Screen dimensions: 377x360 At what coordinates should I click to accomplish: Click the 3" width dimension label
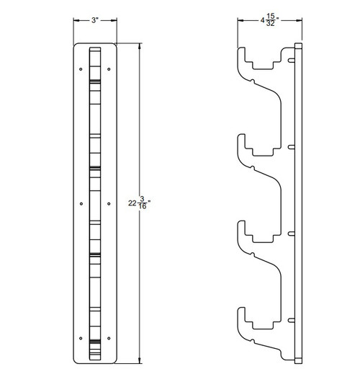click(94, 22)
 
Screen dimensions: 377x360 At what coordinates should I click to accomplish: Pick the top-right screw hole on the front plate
click(108, 69)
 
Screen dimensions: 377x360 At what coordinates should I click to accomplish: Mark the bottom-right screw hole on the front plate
click(108, 337)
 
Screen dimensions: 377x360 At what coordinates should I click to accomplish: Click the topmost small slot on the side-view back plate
click(292, 58)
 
